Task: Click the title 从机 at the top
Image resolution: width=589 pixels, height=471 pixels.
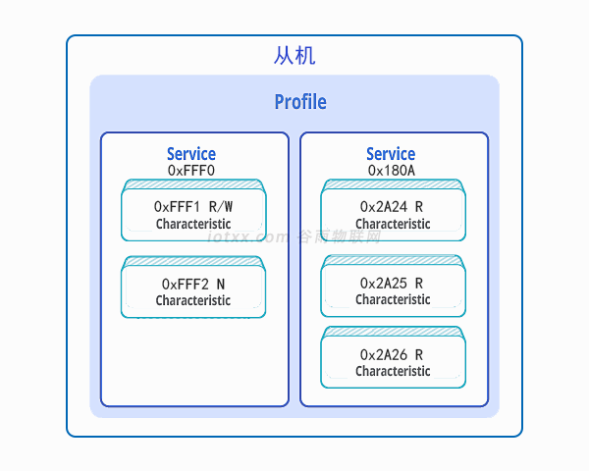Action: [294, 56]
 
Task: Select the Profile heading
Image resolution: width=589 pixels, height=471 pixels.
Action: [299, 102]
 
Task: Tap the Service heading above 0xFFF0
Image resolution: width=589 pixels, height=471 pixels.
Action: [191, 154]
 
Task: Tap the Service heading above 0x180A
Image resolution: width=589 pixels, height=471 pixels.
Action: [391, 154]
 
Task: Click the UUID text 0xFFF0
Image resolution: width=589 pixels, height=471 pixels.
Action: [191, 170]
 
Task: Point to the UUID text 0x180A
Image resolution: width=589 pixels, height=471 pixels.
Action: [391, 170]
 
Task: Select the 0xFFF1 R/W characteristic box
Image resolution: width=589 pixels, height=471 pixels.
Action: [193, 213]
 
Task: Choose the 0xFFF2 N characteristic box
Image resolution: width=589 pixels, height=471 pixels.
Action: [193, 290]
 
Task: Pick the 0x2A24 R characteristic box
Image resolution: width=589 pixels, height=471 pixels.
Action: [393, 213]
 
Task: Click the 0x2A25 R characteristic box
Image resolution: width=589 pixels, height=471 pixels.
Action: [393, 289]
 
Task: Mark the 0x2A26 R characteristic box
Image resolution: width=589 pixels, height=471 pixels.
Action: [393, 361]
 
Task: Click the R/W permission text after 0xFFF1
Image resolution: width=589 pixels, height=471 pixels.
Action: [221, 207]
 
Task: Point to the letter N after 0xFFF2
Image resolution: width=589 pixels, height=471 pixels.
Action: [221, 284]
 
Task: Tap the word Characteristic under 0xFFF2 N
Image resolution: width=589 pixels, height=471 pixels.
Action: [193, 300]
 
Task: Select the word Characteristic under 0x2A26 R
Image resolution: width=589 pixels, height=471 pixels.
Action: [393, 371]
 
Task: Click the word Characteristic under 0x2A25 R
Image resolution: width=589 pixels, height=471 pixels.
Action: [393, 299]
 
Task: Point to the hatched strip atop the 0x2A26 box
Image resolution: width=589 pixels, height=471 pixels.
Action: [393, 332]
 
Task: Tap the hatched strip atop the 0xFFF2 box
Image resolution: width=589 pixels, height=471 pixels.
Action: [193, 261]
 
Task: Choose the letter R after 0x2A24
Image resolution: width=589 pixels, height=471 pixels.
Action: [419, 207]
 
